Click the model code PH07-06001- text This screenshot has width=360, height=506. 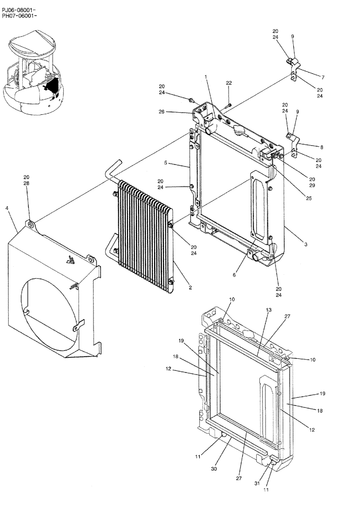pyautogui.click(x=19, y=16)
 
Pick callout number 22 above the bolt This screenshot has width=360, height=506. pyautogui.click(x=229, y=82)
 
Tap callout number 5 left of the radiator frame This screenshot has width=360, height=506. pyautogui.click(x=165, y=163)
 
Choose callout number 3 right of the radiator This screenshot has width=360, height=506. pyautogui.click(x=306, y=244)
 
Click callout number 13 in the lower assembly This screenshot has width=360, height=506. pyautogui.click(x=269, y=309)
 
